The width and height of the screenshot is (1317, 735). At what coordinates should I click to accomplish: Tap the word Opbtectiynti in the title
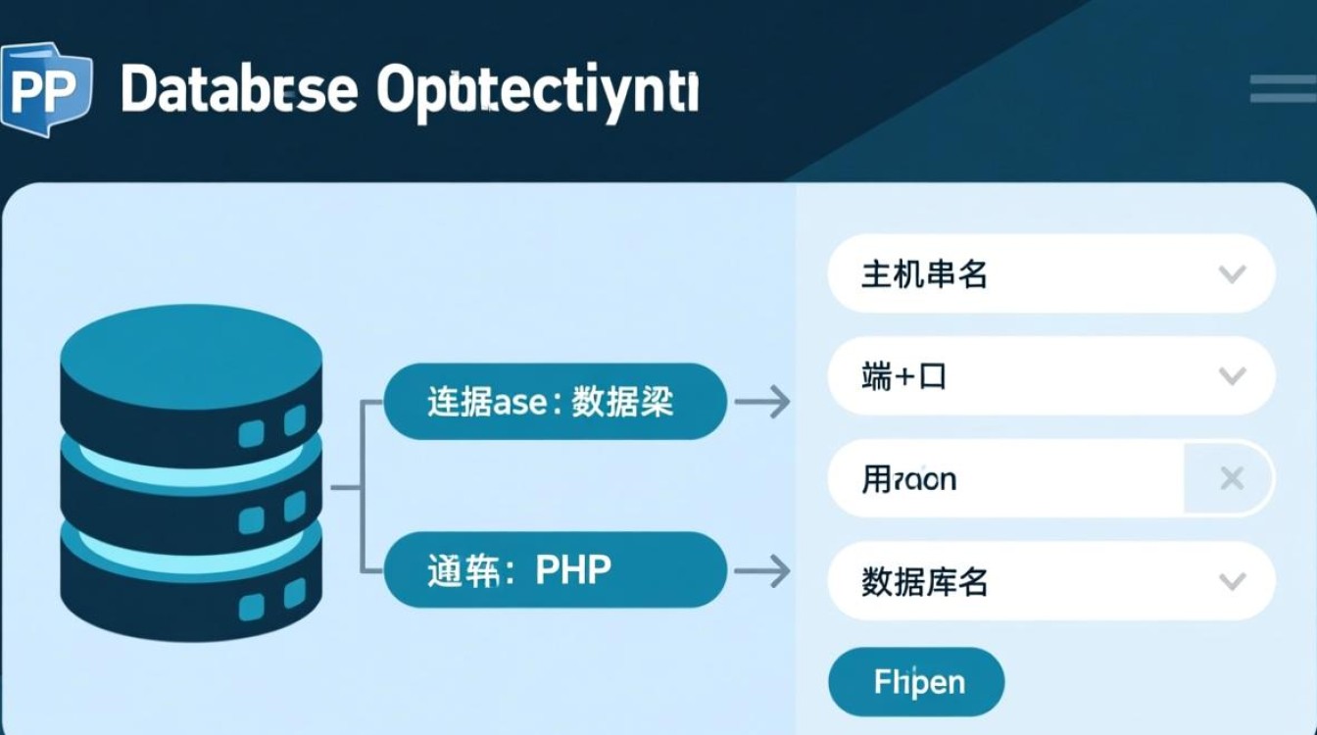(x=537, y=93)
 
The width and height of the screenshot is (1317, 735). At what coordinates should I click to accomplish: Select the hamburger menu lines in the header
(x=1283, y=88)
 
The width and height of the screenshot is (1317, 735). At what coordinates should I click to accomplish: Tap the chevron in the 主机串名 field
(x=1231, y=273)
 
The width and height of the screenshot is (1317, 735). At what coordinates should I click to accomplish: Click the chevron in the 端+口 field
(x=1231, y=375)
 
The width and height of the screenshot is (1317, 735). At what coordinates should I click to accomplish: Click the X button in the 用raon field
(x=1231, y=478)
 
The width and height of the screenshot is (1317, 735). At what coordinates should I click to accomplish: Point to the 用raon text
(x=908, y=479)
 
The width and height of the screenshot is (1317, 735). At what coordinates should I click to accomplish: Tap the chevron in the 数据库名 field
(x=1231, y=581)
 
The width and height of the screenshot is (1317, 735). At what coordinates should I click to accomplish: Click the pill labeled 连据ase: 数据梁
(x=555, y=402)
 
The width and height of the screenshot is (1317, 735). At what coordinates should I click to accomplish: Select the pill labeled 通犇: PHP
(x=555, y=569)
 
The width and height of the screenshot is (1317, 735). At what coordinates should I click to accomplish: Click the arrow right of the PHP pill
(x=762, y=570)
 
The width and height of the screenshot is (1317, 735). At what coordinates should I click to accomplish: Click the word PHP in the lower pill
(x=573, y=569)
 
